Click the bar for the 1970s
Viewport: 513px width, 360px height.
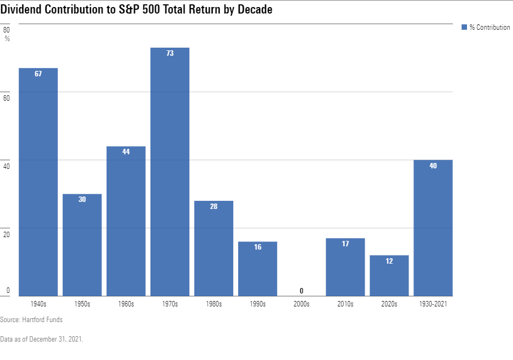click(170, 172)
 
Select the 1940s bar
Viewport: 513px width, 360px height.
click(38, 182)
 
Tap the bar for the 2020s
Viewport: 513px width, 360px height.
click(389, 276)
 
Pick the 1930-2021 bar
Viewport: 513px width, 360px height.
click(433, 228)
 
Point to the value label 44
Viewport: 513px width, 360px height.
click(126, 152)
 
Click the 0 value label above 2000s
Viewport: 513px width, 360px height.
click(301, 291)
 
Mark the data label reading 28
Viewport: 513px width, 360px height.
click(214, 206)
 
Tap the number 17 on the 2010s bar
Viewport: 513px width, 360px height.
click(345, 244)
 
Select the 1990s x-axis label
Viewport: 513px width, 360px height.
click(258, 304)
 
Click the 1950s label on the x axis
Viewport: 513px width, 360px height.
click(82, 304)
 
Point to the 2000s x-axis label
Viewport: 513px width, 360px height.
click(301, 304)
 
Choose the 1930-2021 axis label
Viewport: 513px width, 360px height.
click(433, 304)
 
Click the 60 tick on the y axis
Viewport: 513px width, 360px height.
click(6, 98)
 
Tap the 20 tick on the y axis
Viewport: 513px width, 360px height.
click(6, 234)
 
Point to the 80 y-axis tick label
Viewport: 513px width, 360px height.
click(6, 30)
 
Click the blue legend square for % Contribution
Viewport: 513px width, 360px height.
click(464, 27)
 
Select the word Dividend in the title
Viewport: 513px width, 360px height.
click(21, 10)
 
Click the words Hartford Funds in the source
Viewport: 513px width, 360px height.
click(42, 320)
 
